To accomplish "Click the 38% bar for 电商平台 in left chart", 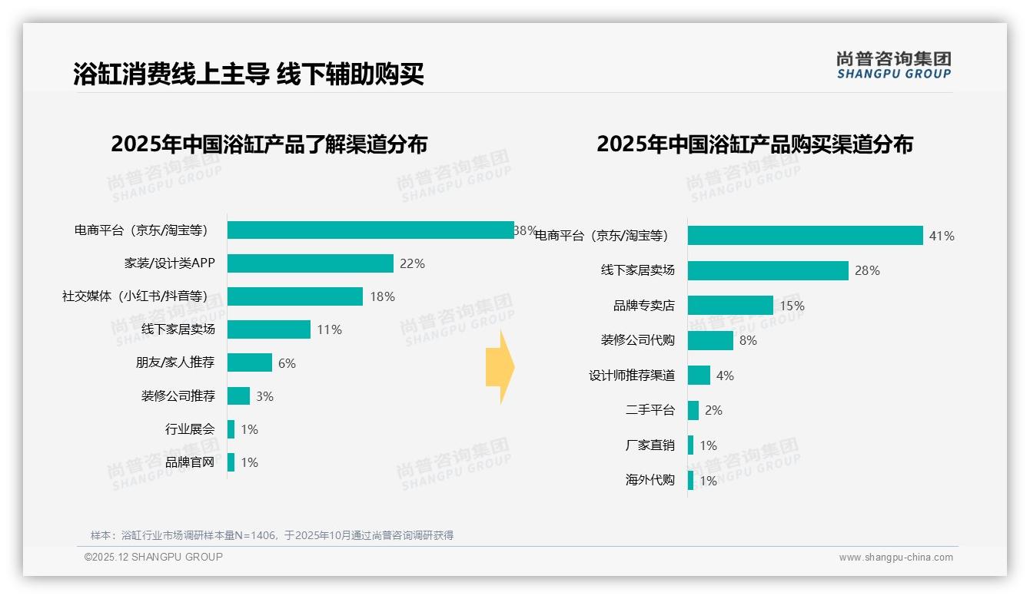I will click(370, 230).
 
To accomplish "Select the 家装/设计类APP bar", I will click(311, 263).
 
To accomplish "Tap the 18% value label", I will click(382, 296).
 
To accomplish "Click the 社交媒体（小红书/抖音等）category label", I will click(135, 296).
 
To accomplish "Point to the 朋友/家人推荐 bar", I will click(250, 362).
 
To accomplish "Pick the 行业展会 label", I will click(190, 429).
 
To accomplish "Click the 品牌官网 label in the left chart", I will click(190, 462).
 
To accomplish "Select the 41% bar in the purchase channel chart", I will click(805, 236).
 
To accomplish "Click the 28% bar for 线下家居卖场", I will click(768, 270).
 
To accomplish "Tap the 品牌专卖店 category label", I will click(643, 306).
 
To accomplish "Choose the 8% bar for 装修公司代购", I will click(710, 340).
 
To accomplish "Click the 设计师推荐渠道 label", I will click(632, 376).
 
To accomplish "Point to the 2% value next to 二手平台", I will click(713, 411).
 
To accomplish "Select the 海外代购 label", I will click(650, 481).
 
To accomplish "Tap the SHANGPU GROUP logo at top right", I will click(893, 65).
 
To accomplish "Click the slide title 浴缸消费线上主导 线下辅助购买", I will click(248, 74).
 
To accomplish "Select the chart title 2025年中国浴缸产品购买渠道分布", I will click(754, 144).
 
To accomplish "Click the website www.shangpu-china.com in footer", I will click(895, 558).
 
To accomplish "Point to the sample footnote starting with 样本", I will click(272, 535).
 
